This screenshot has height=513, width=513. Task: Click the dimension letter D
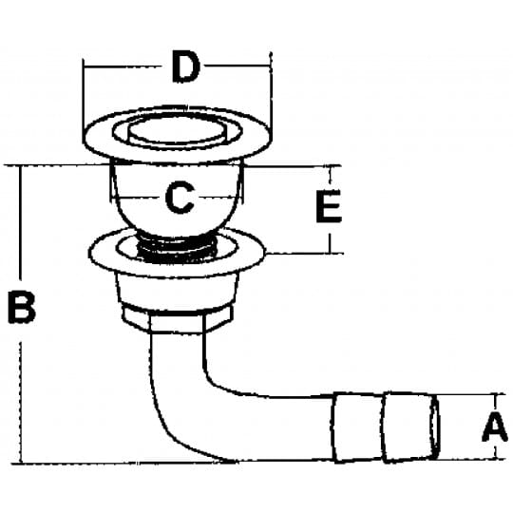coord(185,66)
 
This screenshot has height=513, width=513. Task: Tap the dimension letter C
coord(180,198)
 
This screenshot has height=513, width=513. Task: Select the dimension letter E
coord(329,206)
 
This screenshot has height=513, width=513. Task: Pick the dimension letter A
coord(495,427)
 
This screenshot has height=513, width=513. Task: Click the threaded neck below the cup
coord(178,249)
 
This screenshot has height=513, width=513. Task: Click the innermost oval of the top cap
coord(177,130)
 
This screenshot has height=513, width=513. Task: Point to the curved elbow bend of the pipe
coord(183,408)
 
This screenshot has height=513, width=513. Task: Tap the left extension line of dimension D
coord(84,101)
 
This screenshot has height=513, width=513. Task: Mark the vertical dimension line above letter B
coord(22,222)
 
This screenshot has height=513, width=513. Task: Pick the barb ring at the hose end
coord(408,427)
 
